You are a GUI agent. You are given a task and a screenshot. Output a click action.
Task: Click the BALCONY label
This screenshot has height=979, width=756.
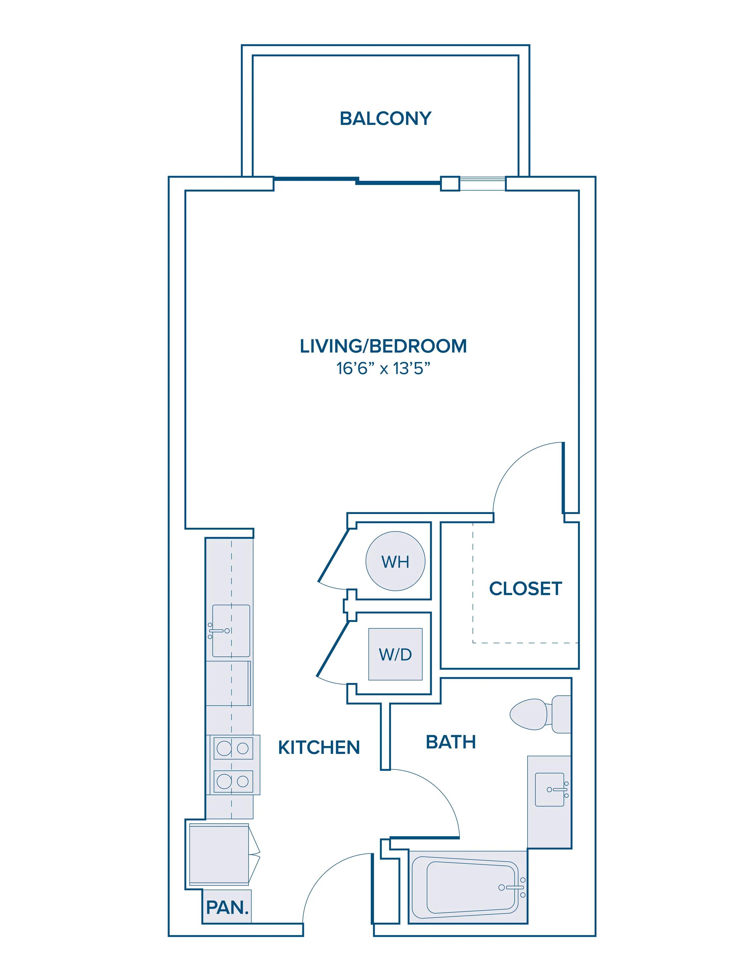coord(385,119)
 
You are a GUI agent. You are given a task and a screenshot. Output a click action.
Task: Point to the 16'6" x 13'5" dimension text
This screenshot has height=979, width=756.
coord(383,368)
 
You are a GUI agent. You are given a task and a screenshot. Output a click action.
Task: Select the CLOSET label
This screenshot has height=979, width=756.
coord(525,589)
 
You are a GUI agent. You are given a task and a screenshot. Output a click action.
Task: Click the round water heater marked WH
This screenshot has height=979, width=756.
coord(395,561)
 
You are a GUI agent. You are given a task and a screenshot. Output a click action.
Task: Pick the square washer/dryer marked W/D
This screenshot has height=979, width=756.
coord(395,654)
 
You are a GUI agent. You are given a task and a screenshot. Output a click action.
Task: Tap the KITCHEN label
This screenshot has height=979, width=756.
coord(319,747)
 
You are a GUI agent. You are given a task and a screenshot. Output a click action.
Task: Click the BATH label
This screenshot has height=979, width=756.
coord(450,742)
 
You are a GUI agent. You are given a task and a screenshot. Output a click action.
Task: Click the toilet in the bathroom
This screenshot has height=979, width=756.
coord(540,714)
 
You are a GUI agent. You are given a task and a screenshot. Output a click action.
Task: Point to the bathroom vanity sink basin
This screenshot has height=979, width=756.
coord(550,789)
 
